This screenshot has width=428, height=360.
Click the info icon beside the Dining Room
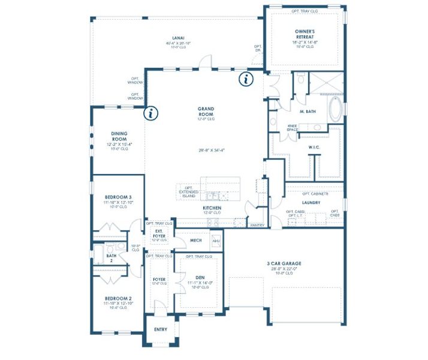(x=152, y=112)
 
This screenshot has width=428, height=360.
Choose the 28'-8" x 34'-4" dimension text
(x=206, y=150)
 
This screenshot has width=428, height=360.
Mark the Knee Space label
(x=293, y=127)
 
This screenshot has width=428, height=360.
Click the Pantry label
(x=257, y=225)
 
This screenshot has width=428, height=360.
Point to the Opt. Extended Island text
(x=188, y=192)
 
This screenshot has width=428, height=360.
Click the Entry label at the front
(x=161, y=329)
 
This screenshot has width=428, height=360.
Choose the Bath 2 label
(x=111, y=256)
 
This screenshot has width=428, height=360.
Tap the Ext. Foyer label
(x=159, y=233)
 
